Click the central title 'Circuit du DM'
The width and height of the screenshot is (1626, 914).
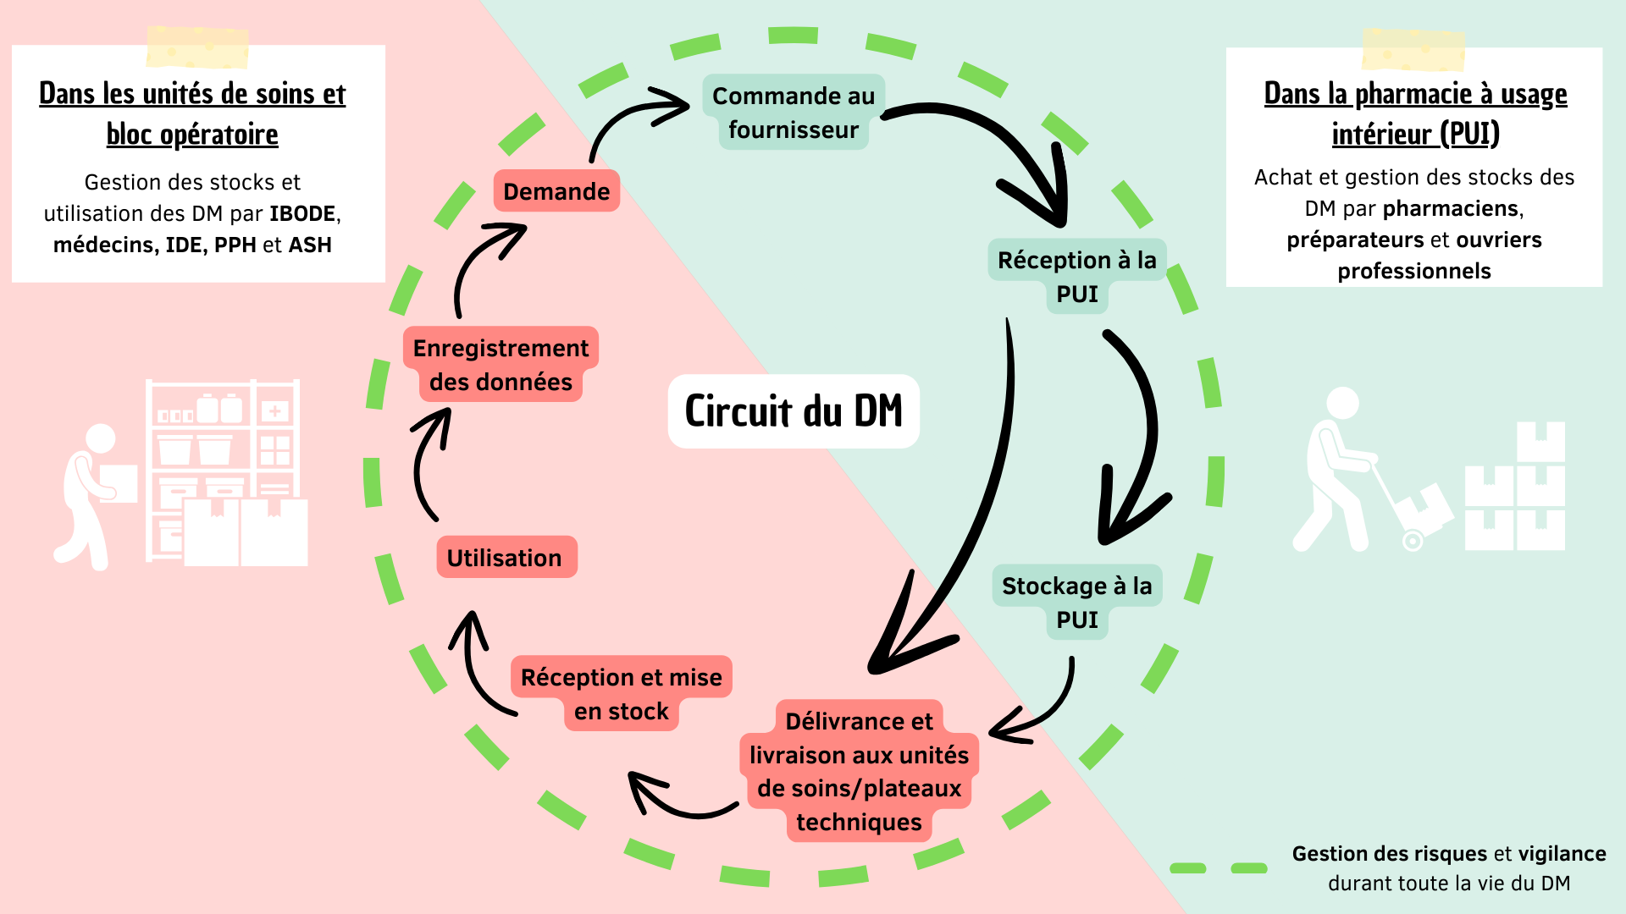click(794, 411)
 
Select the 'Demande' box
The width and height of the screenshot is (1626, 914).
click(556, 191)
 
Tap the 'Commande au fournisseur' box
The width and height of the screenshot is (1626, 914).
click(794, 113)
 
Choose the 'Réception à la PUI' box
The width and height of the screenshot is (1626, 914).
click(1076, 277)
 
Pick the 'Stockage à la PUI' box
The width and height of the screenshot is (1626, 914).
click(1076, 603)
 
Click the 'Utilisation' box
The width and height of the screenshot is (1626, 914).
click(505, 558)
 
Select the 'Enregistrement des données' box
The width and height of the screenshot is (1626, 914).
click(501, 365)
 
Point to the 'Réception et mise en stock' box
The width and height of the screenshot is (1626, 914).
click(621, 694)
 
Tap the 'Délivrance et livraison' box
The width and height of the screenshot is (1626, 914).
click(859, 771)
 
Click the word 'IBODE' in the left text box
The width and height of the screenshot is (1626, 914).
click(303, 213)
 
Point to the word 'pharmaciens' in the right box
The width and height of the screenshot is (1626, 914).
click(1452, 208)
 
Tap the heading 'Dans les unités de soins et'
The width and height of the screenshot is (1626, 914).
click(192, 94)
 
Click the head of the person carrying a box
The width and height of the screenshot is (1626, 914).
click(101, 438)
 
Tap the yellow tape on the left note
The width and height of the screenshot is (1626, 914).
click(197, 47)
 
